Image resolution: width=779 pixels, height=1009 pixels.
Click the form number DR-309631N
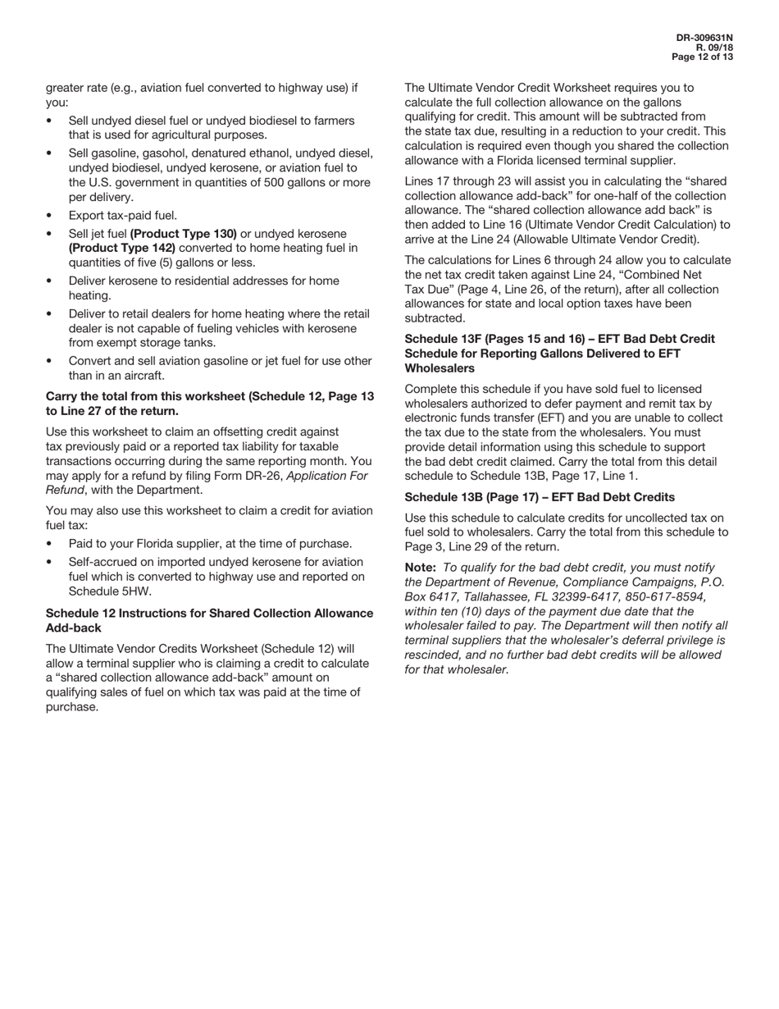click(x=704, y=38)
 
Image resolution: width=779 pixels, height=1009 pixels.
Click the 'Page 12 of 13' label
click(x=702, y=57)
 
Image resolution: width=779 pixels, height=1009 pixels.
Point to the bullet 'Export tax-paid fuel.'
click(x=123, y=216)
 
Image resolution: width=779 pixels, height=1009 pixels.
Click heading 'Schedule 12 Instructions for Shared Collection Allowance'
click(x=209, y=614)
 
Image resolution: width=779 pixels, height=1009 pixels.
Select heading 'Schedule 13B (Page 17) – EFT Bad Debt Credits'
click(x=540, y=497)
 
